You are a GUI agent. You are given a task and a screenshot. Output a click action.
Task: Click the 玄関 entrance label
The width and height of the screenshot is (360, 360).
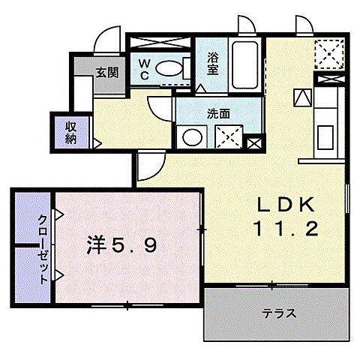(106, 73)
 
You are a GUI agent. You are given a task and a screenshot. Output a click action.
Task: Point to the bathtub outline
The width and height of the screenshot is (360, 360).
(246, 65)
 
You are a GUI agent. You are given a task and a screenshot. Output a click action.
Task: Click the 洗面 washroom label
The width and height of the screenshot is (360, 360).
(218, 114)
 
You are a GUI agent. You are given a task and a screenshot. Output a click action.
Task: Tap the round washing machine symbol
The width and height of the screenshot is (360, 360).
(193, 138)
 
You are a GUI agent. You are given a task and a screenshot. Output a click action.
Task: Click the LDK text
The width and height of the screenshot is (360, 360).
(279, 204)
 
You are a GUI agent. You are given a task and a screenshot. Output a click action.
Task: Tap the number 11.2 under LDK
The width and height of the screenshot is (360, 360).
(279, 229)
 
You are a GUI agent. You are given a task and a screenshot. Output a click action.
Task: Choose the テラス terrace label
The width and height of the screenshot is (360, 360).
(278, 313)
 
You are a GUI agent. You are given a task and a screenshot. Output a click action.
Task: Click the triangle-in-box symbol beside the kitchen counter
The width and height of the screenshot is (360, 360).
(301, 96)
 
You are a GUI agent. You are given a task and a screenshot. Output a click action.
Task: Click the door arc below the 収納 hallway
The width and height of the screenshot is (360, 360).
(148, 166)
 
